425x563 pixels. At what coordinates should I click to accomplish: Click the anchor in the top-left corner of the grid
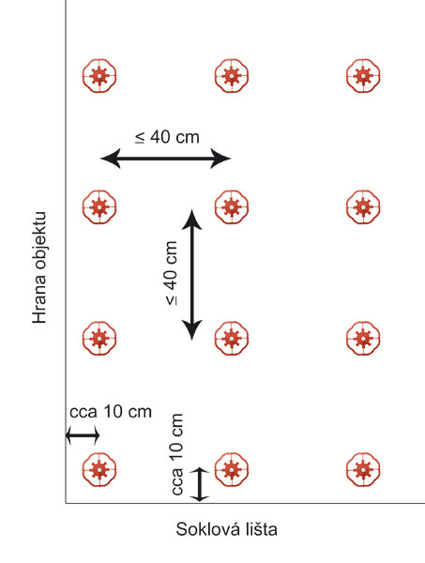99,76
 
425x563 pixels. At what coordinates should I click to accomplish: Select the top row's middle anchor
232,76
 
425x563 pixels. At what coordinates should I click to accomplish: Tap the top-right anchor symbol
363,76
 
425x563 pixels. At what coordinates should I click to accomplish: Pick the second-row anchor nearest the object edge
99,207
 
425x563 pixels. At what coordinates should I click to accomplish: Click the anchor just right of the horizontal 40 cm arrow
232,207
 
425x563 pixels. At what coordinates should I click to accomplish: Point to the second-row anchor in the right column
363,207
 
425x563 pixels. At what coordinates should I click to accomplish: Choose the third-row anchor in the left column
99,338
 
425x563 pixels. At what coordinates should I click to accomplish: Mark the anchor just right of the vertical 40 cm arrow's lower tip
232,338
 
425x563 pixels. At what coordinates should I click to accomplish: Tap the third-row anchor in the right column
363,338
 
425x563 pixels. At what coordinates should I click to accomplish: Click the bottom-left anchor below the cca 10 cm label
99,470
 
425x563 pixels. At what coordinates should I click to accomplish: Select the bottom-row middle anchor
232,470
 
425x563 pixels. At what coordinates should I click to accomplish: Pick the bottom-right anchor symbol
363,470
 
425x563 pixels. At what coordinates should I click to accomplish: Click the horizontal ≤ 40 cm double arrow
165,158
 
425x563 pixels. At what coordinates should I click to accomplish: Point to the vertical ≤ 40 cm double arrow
192,275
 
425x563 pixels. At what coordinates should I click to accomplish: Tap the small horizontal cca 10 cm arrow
83,435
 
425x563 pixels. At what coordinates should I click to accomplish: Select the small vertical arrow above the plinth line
199,485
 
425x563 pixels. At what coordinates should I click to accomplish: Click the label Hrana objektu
39,267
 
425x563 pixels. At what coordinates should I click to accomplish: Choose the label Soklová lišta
226,529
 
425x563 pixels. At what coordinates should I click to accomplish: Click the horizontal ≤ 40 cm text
167,137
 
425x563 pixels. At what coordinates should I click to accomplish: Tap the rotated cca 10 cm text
176,454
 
